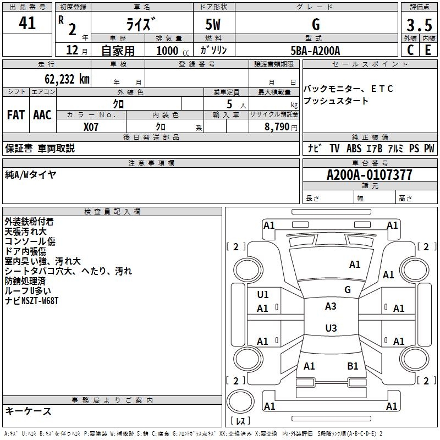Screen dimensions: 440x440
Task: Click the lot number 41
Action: pos(27,23)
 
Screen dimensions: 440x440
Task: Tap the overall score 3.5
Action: pos(419,25)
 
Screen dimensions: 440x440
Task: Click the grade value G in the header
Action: pos(316,24)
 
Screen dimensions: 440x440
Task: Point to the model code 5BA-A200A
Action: pos(315,51)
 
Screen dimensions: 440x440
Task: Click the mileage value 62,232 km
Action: pos(64,79)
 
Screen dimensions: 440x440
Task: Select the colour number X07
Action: pos(91,127)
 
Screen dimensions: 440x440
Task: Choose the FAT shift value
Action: pos(15,115)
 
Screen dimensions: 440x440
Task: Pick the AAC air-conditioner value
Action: pos(42,115)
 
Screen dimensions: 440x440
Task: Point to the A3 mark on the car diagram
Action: pos(331,306)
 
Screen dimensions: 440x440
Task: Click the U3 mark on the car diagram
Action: pos(331,328)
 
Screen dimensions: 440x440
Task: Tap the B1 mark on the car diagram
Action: pos(353,366)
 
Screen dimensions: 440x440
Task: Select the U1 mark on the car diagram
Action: pos(263,294)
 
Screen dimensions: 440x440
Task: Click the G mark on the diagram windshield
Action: pos(347,289)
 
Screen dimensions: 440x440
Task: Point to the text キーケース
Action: pos(29,411)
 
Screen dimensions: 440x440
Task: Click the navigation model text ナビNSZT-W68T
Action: pos(31,301)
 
